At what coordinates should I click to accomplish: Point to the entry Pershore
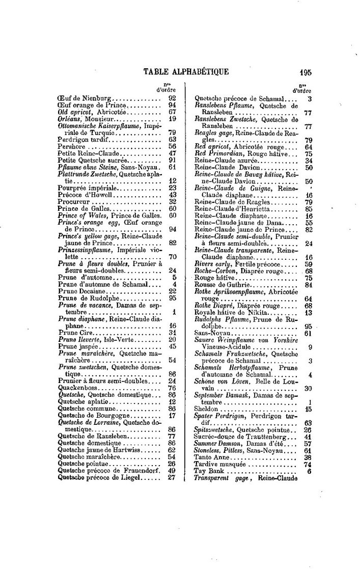[72, 145]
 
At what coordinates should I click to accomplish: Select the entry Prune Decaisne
[81, 290]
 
